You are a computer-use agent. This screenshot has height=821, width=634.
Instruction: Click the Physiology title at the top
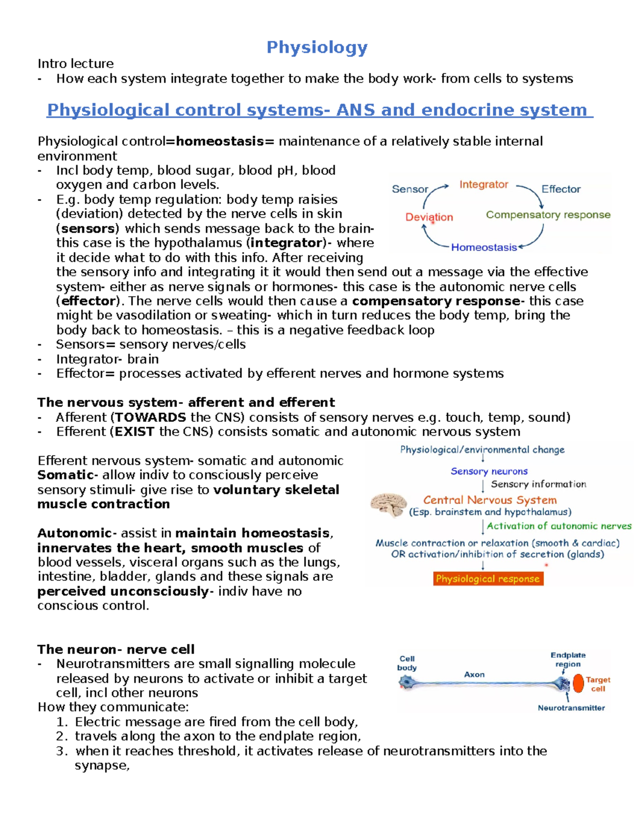tap(317, 48)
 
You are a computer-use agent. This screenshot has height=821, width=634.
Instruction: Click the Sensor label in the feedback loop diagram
tap(409, 189)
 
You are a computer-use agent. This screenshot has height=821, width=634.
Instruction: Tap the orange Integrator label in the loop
tap(483, 185)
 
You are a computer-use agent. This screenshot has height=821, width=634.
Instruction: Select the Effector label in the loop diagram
tap(561, 189)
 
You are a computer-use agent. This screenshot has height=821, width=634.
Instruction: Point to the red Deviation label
tap(429, 217)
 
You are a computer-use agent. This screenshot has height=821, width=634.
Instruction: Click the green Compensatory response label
tap(548, 215)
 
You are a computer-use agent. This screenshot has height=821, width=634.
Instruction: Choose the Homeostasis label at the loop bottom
tap(483, 247)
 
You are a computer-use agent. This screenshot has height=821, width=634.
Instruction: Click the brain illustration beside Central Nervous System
tap(388, 504)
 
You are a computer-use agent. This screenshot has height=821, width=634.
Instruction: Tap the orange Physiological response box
tap(488, 579)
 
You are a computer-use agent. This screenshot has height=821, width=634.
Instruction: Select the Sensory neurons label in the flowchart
tap(489, 471)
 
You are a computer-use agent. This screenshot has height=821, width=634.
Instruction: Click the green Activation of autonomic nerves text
tap(558, 526)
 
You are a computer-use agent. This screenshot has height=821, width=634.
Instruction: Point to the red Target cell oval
tap(579, 683)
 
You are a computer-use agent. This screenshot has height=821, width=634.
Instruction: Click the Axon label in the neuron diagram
tap(474, 675)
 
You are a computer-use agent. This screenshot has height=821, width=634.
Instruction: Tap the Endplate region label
tap(567, 660)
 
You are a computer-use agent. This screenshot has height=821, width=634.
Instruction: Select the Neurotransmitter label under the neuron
tap(571, 708)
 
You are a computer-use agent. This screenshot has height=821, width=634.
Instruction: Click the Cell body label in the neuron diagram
tap(407, 663)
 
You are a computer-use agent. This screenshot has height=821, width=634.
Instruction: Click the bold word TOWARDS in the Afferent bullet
tap(151, 417)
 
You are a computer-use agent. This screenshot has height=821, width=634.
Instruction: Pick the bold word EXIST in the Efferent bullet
tap(134, 431)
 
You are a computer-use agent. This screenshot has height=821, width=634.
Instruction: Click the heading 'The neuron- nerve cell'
tap(116, 649)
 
